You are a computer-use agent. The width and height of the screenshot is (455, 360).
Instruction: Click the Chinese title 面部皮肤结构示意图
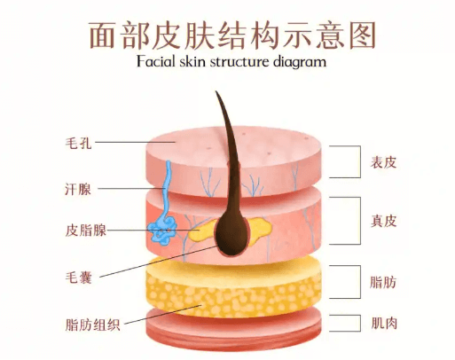point(232,35)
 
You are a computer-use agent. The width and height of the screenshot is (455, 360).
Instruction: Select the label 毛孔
point(78,143)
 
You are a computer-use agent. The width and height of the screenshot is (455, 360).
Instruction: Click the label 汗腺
point(78,189)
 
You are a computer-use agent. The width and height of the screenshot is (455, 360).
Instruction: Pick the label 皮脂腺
point(86,231)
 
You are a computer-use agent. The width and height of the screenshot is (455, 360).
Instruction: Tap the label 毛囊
point(78,278)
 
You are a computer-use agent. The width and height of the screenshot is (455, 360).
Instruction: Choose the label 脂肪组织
point(92,325)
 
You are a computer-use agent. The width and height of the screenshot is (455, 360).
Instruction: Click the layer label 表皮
point(383,162)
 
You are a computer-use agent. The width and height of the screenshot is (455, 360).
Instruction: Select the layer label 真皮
point(383,221)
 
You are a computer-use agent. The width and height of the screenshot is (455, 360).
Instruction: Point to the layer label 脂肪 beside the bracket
point(383,282)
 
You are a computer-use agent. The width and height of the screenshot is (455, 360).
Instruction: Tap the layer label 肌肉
point(384,323)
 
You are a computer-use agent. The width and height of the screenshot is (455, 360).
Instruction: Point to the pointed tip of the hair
point(216,91)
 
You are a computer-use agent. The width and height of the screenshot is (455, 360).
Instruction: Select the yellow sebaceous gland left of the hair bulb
point(201,231)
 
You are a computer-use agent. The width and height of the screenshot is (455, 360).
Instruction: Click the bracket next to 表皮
point(360,161)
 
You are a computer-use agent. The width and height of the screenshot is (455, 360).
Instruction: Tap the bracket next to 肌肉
point(360,323)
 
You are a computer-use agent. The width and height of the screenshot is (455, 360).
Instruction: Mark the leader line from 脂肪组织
point(163,315)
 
